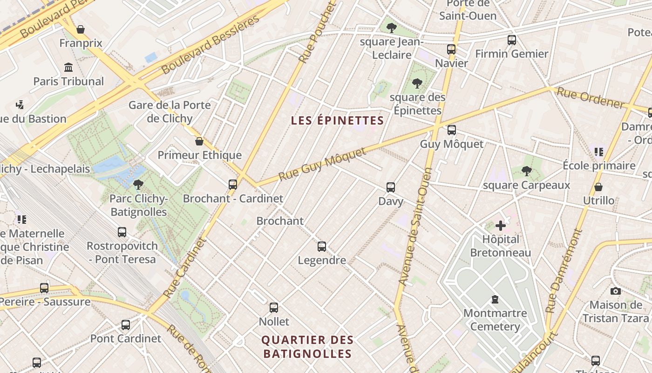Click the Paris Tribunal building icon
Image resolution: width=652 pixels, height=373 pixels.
(68, 67)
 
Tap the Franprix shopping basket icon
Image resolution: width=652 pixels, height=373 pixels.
(81, 29)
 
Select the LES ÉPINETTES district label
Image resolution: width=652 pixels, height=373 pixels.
(337, 121)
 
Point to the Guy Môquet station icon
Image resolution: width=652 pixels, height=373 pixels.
(451, 130)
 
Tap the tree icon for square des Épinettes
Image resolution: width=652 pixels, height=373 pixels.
(417, 83)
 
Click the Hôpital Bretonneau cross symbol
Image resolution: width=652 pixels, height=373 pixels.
(501, 226)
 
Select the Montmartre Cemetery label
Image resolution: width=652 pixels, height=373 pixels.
(495, 319)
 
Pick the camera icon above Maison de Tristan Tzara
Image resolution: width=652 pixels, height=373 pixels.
(615, 291)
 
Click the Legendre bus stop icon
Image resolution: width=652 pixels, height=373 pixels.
(322, 247)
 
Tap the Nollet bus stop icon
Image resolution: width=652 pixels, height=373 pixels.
(274, 308)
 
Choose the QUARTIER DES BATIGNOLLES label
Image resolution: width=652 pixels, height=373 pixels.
(307, 347)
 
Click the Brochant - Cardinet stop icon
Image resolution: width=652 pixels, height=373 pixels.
(233, 184)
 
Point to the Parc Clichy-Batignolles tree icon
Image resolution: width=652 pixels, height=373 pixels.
(138, 185)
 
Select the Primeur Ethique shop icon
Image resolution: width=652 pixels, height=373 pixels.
(199, 141)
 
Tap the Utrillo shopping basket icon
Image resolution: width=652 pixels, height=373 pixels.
(598, 187)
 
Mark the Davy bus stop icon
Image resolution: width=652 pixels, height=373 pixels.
(391, 187)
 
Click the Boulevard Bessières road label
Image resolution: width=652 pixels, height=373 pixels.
(211, 45)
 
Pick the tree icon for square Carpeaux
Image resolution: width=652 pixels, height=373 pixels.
(527, 171)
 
